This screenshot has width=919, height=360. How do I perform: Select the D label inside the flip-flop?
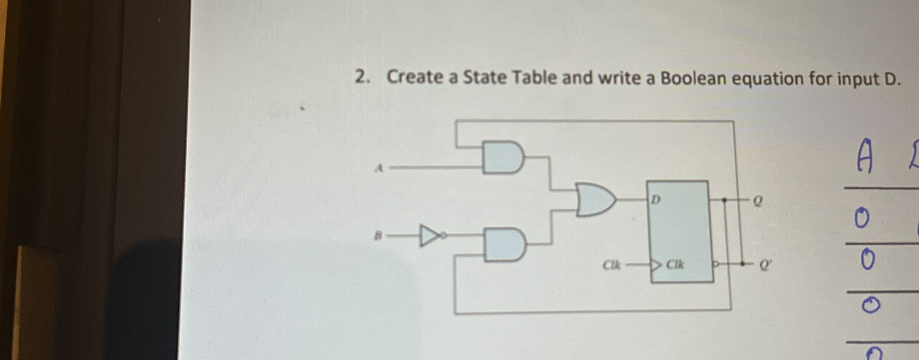(656, 199)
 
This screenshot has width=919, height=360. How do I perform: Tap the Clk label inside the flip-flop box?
(675, 265)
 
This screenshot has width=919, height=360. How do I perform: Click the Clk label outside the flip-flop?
(611, 265)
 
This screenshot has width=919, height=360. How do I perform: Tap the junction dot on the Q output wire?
(724, 200)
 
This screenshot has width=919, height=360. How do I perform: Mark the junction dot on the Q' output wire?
(742, 264)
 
